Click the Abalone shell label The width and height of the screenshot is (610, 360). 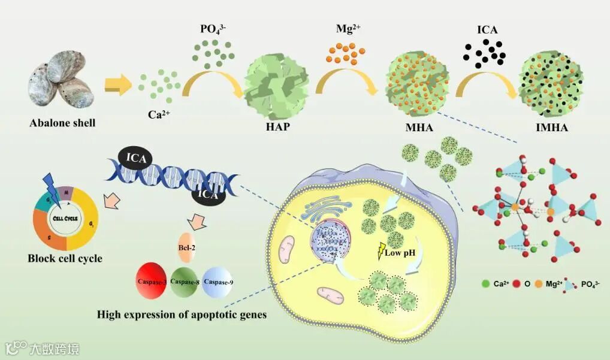63,124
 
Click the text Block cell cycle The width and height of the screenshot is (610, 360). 65,259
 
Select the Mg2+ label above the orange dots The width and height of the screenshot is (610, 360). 349,27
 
